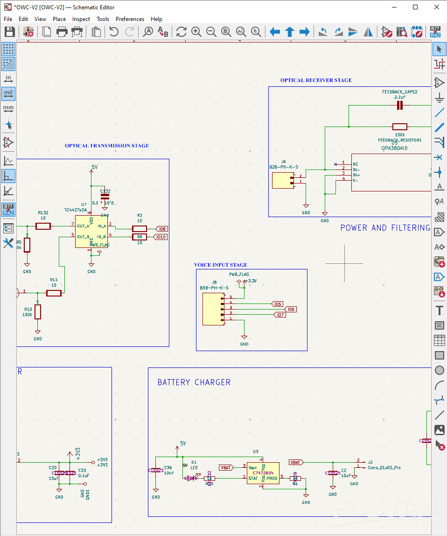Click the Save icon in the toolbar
(9, 32)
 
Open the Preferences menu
(130, 19)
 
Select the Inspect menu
(81, 19)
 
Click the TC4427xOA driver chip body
(91, 231)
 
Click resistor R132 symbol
(43, 226)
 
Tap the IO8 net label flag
(161, 229)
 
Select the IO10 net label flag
(161, 237)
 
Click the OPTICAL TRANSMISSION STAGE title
(107, 146)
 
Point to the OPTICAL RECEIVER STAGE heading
(316, 80)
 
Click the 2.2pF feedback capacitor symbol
(399, 106)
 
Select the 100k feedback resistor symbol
(399, 127)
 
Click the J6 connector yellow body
(283, 181)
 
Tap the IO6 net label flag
(290, 309)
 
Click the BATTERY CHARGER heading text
(194, 382)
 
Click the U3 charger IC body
(263, 473)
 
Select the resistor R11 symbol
(54, 293)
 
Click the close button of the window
(436, 7)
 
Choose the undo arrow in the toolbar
(114, 32)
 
